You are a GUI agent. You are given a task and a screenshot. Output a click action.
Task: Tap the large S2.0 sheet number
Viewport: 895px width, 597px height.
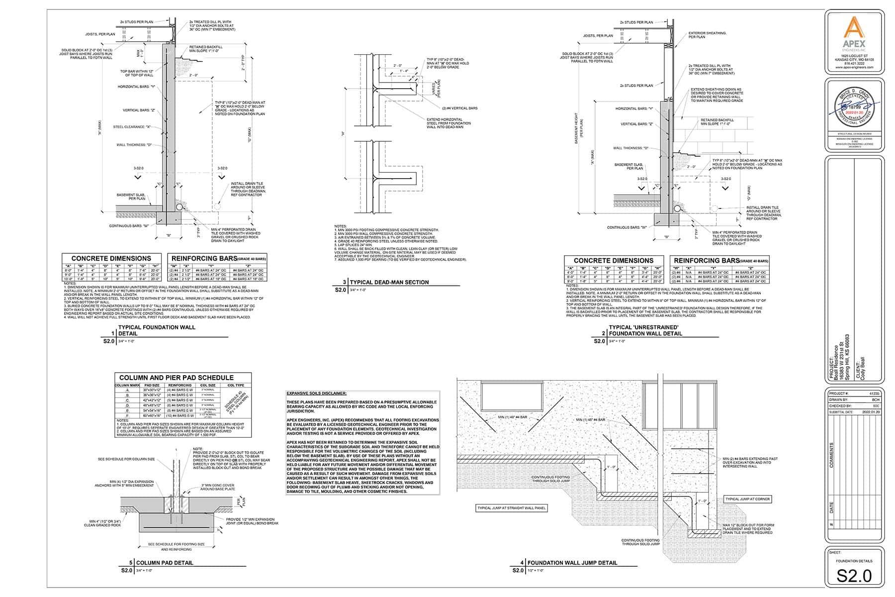point(854,576)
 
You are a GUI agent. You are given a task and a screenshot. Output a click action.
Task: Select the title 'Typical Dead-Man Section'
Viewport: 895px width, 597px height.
point(389,282)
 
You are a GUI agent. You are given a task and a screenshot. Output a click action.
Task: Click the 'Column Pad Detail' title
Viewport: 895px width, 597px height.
point(165,563)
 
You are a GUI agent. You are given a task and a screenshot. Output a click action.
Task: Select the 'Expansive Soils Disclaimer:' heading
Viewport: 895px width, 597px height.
point(317,394)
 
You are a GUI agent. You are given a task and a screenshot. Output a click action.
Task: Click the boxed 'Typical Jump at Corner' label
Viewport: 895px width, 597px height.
point(748,499)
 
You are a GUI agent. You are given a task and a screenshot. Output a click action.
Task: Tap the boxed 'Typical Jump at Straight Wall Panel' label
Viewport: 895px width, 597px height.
point(512,508)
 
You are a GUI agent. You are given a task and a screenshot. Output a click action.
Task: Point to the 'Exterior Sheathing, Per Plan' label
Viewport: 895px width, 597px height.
point(707,35)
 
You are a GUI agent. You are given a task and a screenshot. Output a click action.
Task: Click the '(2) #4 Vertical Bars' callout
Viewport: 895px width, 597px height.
point(459,108)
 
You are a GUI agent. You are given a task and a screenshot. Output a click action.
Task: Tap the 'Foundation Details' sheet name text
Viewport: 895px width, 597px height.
point(854,561)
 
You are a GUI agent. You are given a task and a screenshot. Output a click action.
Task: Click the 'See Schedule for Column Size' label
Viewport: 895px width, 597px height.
point(126,459)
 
